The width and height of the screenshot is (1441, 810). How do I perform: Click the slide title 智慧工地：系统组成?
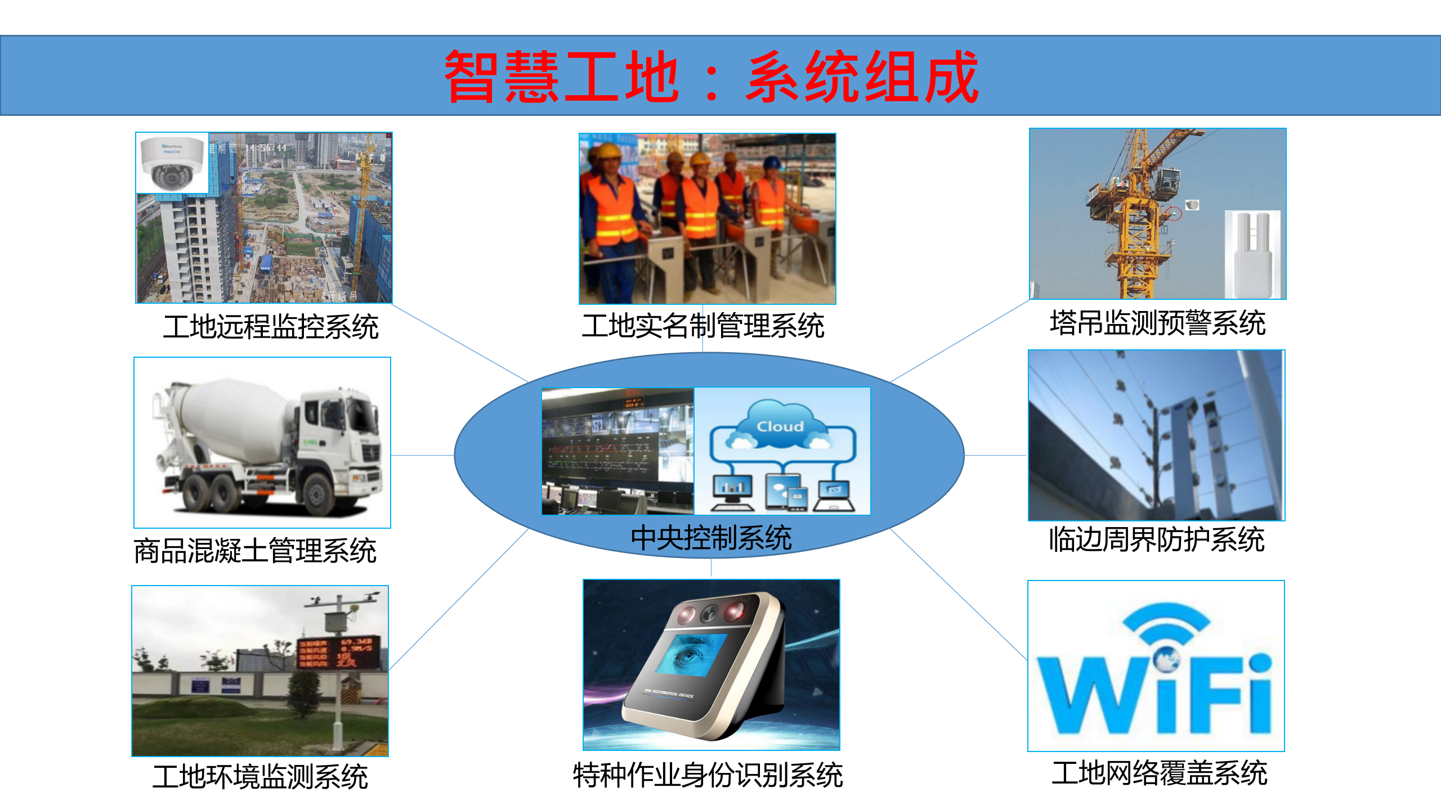(711, 76)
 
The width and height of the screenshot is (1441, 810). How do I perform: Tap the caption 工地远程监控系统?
(271, 327)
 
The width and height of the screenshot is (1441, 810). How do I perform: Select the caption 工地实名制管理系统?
(703, 326)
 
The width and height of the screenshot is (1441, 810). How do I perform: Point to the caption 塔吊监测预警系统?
(1157, 323)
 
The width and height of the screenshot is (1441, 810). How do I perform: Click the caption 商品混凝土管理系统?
(255, 551)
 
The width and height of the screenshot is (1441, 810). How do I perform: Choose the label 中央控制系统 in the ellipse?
(711, 538)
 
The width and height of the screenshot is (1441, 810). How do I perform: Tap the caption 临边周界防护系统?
(1157, 539)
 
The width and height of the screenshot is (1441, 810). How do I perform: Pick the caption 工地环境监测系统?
(260, 777)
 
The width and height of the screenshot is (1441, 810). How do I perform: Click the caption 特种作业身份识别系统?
(708, 776)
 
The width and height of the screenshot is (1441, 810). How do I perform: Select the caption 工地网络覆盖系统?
(1160, 773)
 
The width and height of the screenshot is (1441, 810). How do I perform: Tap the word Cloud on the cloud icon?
(780, 426)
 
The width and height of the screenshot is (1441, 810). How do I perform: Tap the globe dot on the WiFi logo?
(1166, 658)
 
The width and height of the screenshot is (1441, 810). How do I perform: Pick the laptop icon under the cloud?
(834, 496)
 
